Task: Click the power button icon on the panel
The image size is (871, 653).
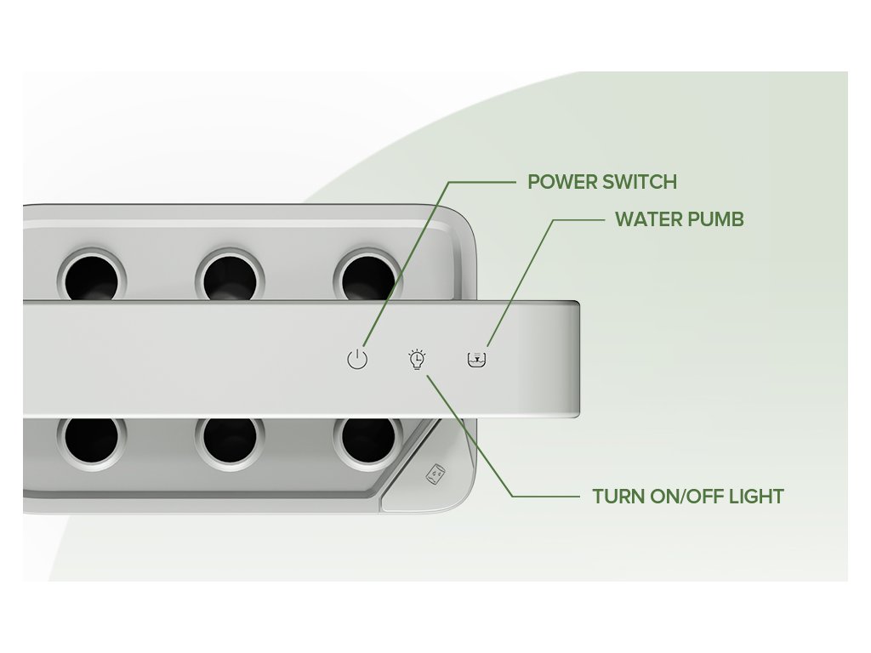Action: tap(357, 359)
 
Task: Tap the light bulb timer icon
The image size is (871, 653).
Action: tap(417, 360)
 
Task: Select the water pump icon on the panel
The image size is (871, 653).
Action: tap(478, 359)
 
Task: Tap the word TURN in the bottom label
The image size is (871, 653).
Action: tap(617, 497)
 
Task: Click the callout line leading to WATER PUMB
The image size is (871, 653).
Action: tap(521, 281)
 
